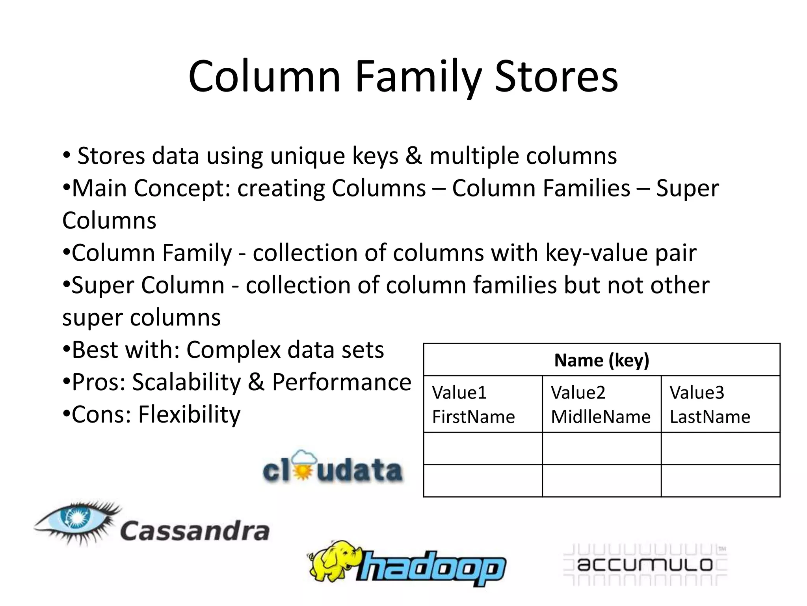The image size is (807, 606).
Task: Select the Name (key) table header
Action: [601, 360]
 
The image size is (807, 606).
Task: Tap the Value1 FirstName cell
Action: [482, 404]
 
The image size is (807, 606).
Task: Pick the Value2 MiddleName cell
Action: [601, 404]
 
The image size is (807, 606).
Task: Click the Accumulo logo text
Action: [645, 565]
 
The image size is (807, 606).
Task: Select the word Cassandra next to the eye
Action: [195, 531]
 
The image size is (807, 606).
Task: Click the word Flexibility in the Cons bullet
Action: [189, 415]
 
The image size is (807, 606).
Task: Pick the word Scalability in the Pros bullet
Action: [186, 382]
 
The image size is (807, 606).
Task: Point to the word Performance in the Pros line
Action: [342, 382]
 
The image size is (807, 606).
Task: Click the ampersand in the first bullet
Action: [414, 156]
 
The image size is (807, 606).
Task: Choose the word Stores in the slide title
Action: [556, 77]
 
